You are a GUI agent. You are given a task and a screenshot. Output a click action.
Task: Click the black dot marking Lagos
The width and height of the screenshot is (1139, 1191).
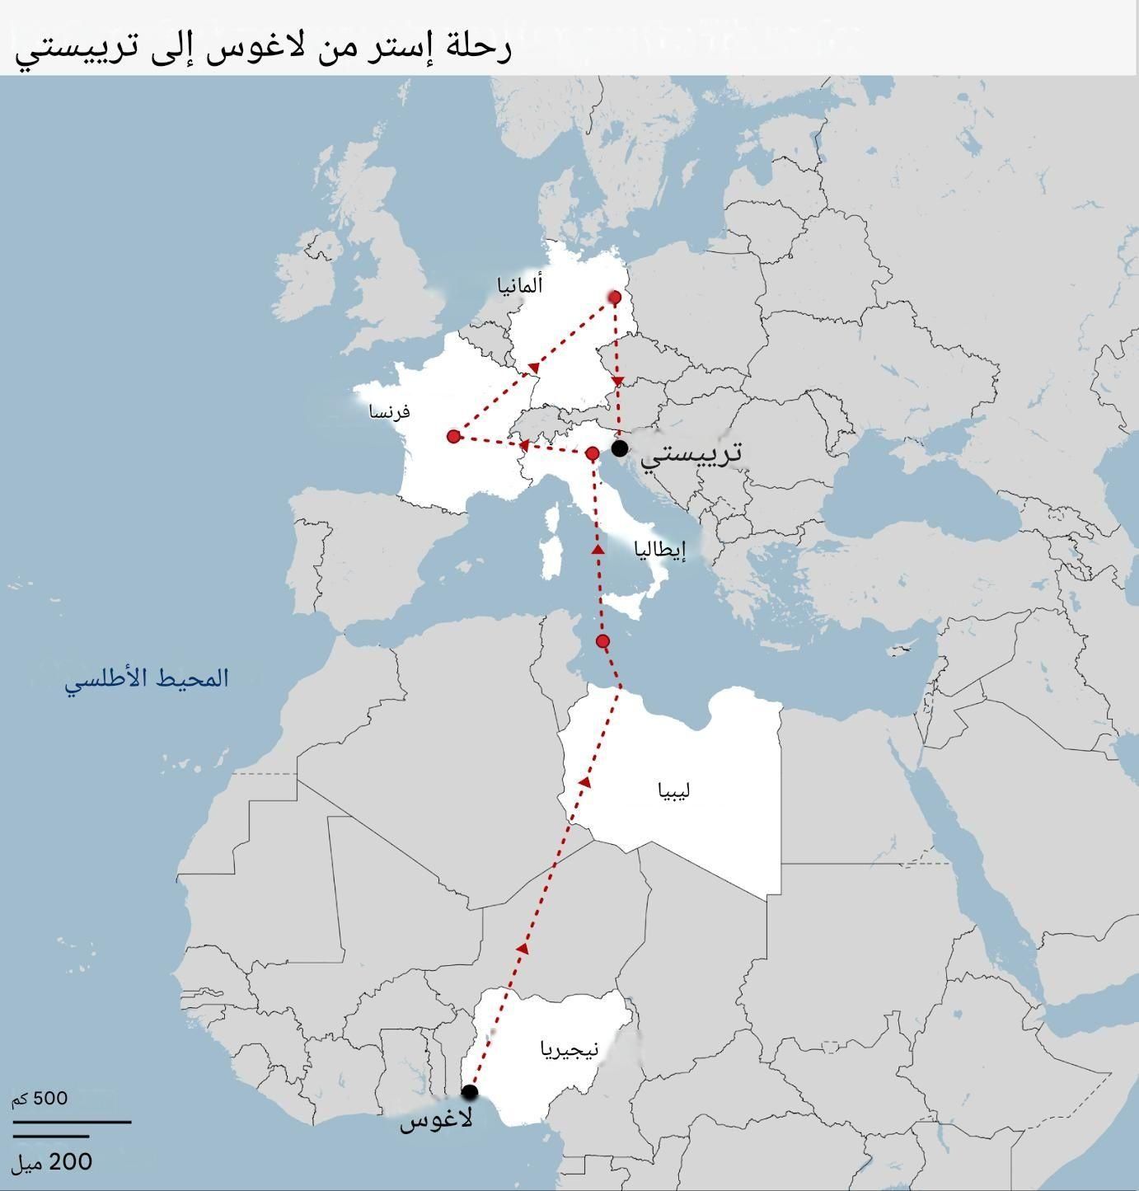pyautogui.click(x=470, y=1092)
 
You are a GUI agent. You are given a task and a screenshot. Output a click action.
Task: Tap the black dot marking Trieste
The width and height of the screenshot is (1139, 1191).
pyautogui.click(x=620, y=448)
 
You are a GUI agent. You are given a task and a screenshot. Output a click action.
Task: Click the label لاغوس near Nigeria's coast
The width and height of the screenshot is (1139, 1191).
pyautogui.click(x=436, y=1121)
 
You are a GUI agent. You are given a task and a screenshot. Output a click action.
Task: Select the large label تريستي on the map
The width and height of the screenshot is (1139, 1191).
pyautogui.click(x=691, y=452)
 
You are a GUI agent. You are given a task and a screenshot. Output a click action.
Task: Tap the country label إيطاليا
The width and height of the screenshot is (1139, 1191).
pyautogui.click(x=660, y=550)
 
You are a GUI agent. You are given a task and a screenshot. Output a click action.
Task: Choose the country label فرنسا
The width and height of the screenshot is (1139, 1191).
pyautogui.click(x=390, y=411)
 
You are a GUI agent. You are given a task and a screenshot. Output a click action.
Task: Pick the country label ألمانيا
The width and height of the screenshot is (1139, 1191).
pyautogui.click(x=520, y=286)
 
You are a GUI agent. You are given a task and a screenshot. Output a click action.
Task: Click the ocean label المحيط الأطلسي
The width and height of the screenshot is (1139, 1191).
pyautogui.click(x=147, y=679)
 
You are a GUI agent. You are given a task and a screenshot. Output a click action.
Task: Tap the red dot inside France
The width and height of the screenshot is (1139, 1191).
pyautogui.click(x=453, y=436)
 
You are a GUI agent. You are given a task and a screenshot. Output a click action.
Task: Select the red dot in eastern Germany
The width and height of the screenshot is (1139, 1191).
pyautogui.click(x=614, y=297)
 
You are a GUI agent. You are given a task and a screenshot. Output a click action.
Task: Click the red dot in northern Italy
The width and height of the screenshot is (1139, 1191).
pyautogui.click(x=592, y=453)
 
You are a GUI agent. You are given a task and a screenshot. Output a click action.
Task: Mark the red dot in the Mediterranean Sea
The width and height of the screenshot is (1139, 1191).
pyautogui.click(x=602, y=641)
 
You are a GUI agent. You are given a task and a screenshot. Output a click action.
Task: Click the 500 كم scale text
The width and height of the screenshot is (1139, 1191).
pyautogui.click(x=40, y=1098)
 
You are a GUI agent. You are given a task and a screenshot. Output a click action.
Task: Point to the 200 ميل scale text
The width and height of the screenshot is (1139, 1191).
pyautogui.click(x=51, y=1162)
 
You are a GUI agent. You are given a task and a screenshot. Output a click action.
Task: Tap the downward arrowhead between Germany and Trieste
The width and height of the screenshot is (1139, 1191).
pyautogui.click(x=619, y=381)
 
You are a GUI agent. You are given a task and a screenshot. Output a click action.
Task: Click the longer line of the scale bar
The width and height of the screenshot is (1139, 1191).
pyautogui.click(x=72, y=1122)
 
